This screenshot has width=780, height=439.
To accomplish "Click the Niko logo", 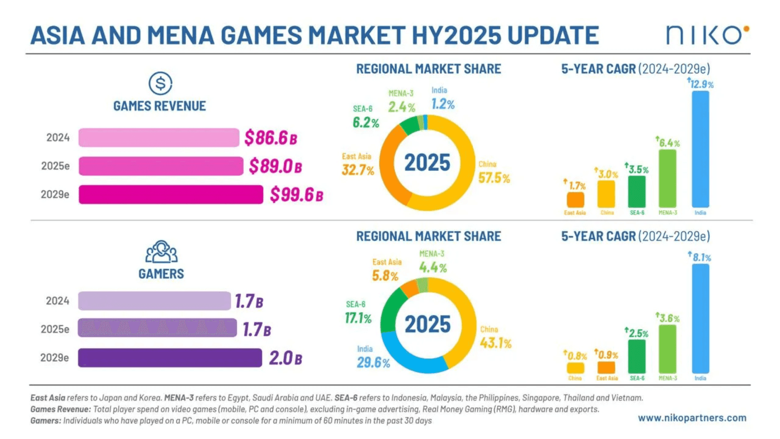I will pyautogui.click(x=707, y=35).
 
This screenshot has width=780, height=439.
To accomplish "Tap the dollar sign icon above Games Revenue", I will pyautogui.click(x=160, y=83).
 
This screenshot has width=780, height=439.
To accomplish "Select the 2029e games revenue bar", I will pyautogui.click(x=171, y=194).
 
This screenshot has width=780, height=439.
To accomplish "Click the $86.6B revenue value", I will pyautogui.click(x=271, y=138).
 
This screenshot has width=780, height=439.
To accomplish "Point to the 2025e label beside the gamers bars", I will pyautogui.click(x=55, y=329).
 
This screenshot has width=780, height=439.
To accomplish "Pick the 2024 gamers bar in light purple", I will pyautogui.click(x=154, y=301).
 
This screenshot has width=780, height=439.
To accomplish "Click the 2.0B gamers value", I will pyautogui.click(x=286, y=358).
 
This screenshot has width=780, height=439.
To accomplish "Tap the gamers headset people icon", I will pyautogui.click(x=161, y=252).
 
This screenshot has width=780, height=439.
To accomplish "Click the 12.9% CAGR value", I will pyautogui.click(x=701, y=84).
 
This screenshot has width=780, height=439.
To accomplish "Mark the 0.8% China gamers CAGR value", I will pyautogui.click(x=576, y=356).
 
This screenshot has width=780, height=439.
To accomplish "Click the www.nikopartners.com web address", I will pyautogui.click(x=692, y=418).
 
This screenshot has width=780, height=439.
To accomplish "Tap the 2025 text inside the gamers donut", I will pyautogui.click(x=427, y=324).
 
